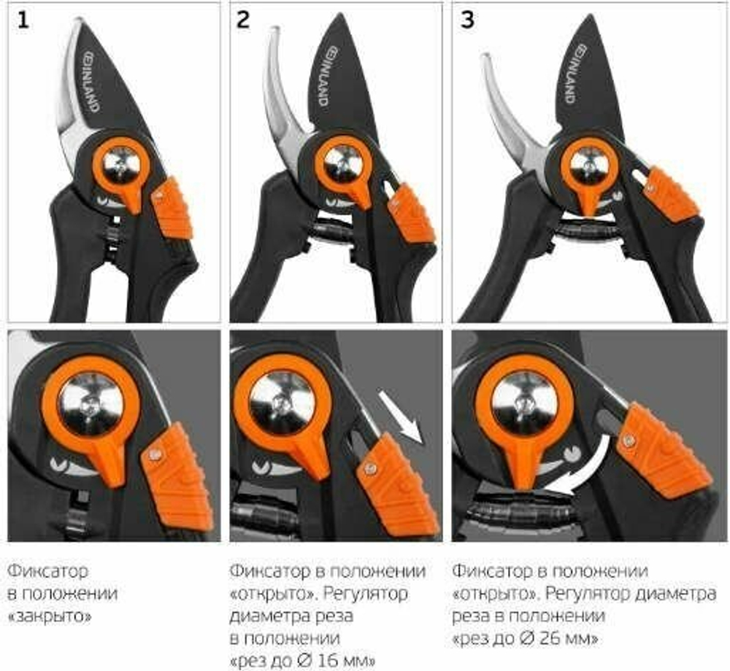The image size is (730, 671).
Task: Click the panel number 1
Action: [23, 20]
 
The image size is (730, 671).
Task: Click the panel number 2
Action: [243, 20]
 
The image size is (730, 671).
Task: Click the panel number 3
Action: [467, 20]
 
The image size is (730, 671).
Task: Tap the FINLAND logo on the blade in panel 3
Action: [575, 74]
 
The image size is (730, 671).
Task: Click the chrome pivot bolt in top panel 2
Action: [343, 163]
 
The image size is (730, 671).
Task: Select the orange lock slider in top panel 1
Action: [172, 207]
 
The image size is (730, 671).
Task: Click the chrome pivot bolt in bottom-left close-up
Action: [91, 404]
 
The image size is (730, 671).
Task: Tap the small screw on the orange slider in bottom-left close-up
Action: [154, 454]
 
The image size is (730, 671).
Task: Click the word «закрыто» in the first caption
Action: [50, 616]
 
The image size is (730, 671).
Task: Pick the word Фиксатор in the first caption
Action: [47, 570]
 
